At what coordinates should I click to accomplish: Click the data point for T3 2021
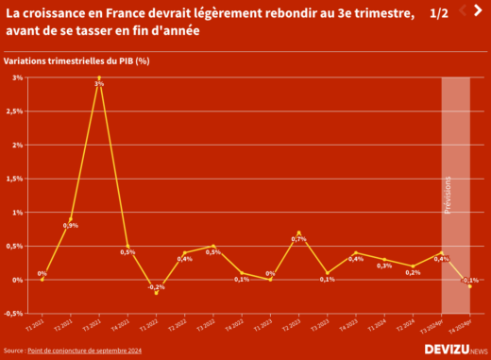[x=99, y=77]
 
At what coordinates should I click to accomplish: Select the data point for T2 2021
[x=71, y=219]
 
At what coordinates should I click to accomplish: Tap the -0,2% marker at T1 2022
[x=156, y=293]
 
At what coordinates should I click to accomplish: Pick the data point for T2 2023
[x=298, y=232]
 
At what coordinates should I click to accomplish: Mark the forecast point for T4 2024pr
[x=469, y=286]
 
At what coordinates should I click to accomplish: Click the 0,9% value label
[x=71, y=226]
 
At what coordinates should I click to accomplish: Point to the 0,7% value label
[x=298, y=239]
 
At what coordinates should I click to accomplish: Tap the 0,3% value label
[x=384, y=266]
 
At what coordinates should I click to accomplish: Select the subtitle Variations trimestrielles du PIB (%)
[x=77, y=60]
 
